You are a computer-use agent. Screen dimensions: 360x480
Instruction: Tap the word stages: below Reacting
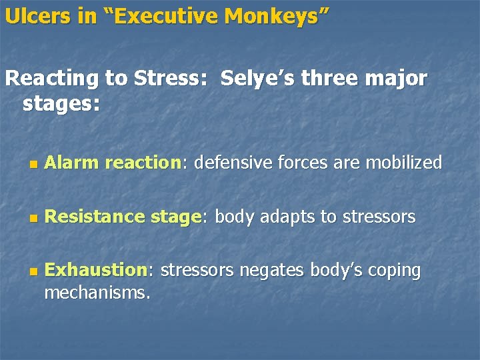tap(61, 104)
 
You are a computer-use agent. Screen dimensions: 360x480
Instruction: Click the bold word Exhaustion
tap(96, 270)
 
